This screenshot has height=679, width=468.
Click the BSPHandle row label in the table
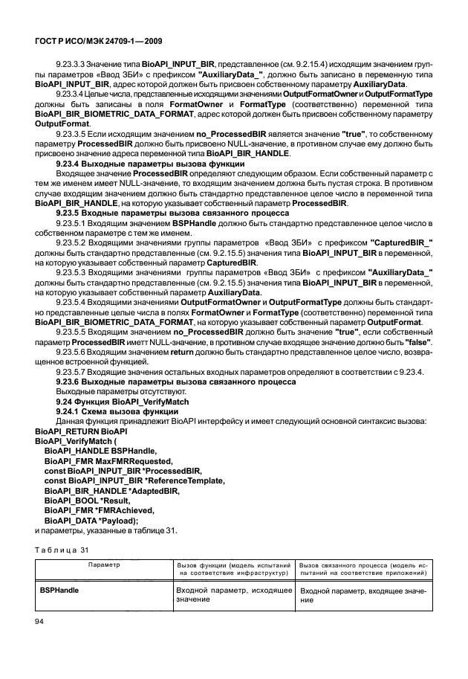pyautogui.click(x=60, y=589)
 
